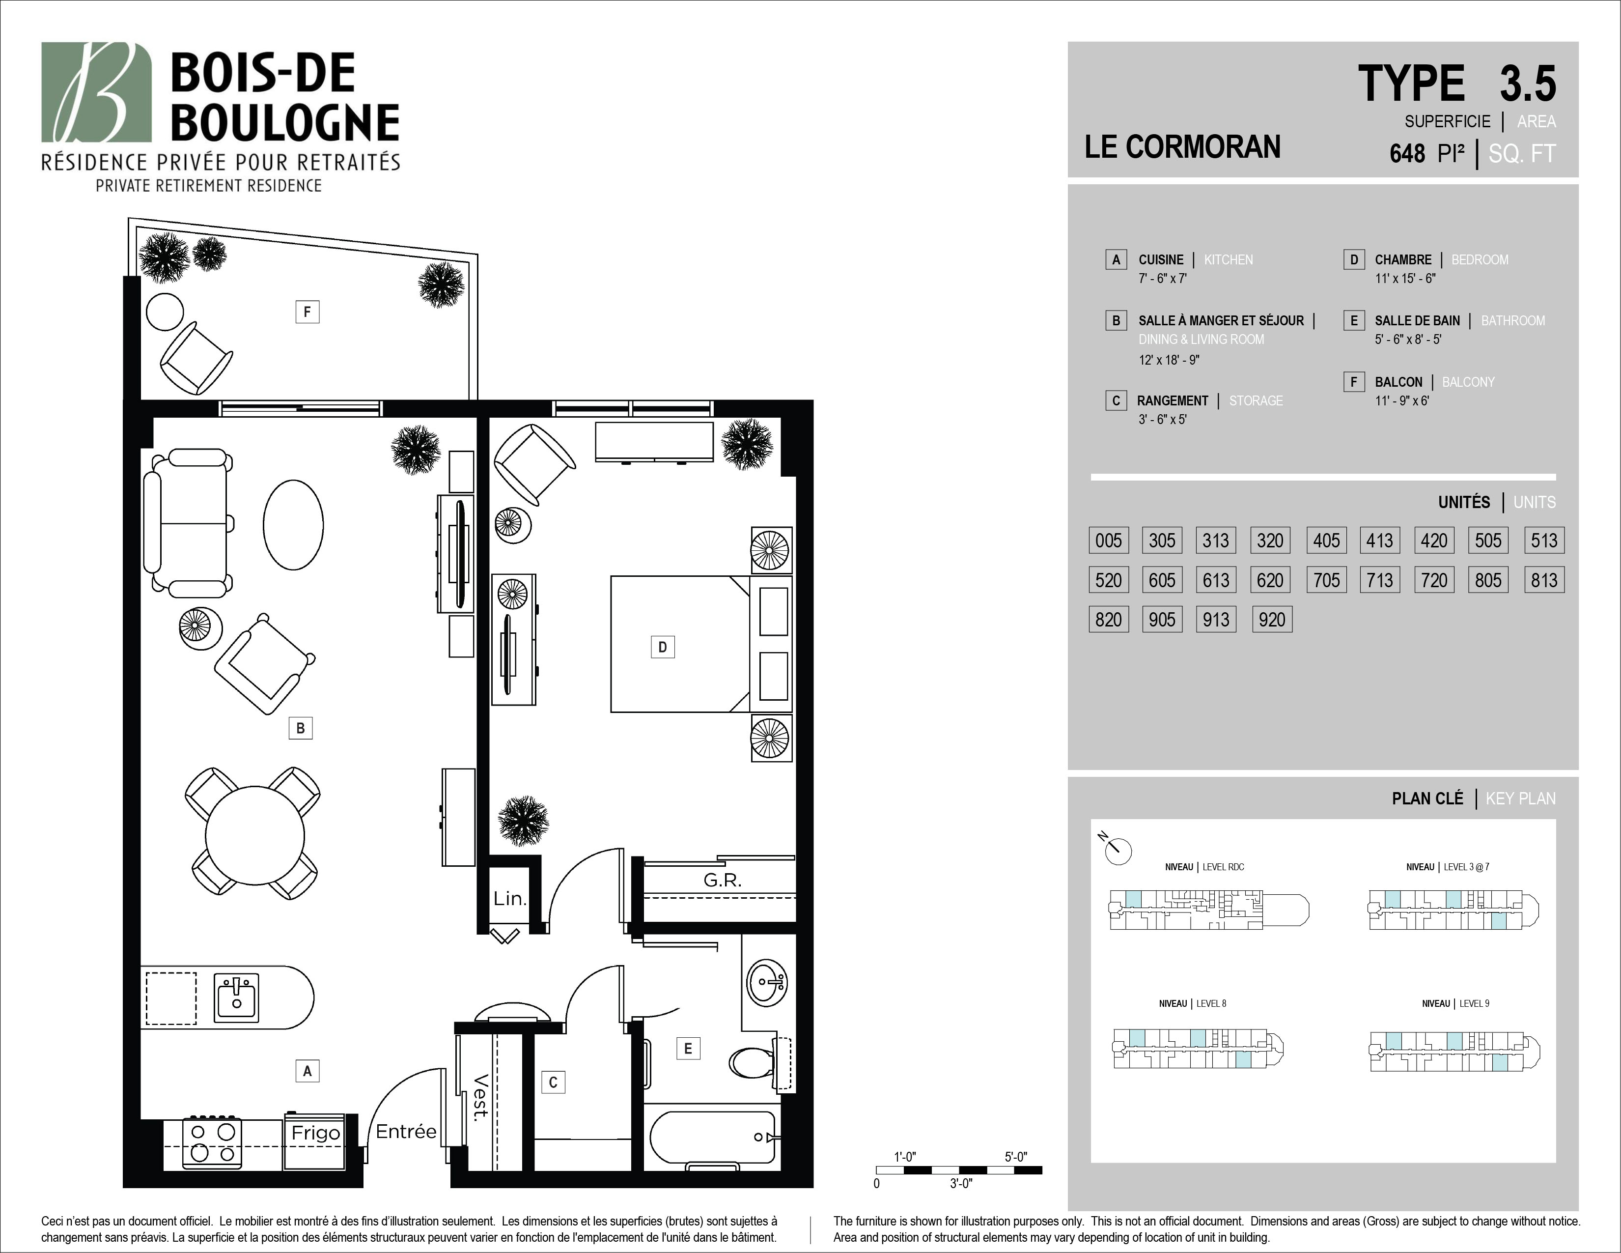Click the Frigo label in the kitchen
315,1133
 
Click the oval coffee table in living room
293,525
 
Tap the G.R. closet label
722,881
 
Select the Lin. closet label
510,899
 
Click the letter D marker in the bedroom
663,647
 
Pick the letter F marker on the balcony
307,312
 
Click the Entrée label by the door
406,1131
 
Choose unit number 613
1216,580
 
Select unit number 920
1271,619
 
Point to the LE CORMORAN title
1182,147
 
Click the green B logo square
96,92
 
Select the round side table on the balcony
165,312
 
